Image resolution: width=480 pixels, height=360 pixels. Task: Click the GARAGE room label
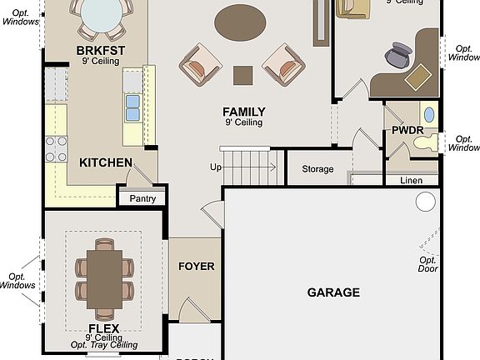click(333, 292)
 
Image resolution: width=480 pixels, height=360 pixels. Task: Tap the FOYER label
click(197, 267)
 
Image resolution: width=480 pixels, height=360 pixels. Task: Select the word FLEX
click(104, 328)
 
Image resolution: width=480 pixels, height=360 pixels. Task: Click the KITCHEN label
click(105, 162)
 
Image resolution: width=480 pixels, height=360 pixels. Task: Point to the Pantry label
click(142, 198)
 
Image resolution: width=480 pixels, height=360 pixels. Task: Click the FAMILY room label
click(243, 112)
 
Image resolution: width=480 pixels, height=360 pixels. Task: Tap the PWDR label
click(407, 131)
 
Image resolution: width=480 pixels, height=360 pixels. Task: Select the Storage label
click(317, 169)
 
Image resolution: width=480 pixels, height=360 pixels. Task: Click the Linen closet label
click(411, 180)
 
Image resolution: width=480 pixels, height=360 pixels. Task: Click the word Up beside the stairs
click(216, 167)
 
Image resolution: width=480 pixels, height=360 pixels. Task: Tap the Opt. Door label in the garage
click(428, 264)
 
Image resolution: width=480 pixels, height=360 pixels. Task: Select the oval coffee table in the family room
click(241, 22)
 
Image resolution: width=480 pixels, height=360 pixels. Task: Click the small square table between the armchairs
click(242, 75)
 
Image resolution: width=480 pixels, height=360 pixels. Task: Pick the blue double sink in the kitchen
click(132, 107)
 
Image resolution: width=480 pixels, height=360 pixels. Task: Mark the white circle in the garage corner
click(426, 202)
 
